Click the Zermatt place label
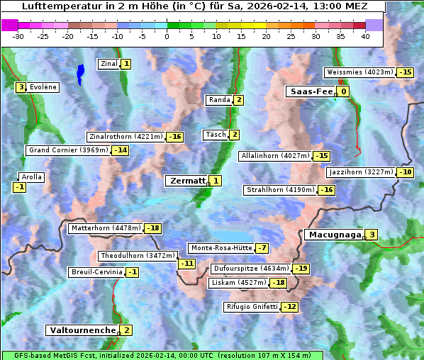[186, 181]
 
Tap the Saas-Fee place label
[310, 91]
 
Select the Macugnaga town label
[333, 235]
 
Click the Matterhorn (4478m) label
[105, 228]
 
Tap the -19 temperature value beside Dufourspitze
[301, 269]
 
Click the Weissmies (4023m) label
[359, 72]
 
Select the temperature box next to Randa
[239, 100]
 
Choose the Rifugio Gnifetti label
[251, 307]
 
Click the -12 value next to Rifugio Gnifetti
[289, 307]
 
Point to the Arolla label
[32, 177]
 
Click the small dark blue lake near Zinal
[80, 72]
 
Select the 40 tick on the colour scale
[365, 36]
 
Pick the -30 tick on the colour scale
[18, 36]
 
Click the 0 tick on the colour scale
[167, 36]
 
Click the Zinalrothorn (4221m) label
[125, 136]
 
